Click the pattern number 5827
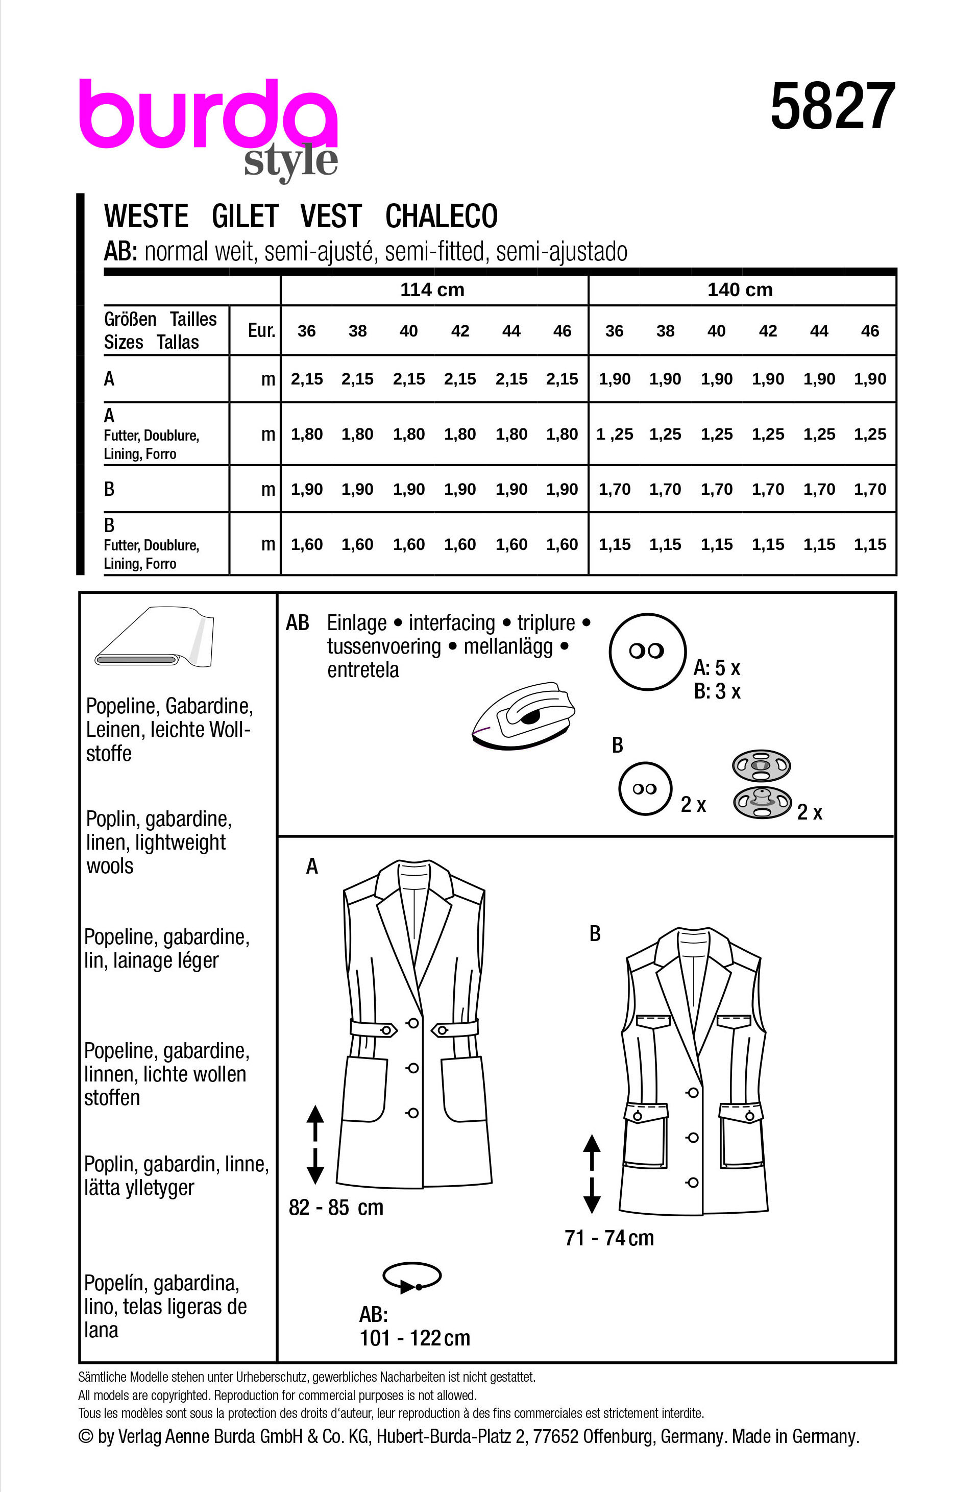point(832,107)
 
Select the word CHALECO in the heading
point(442,216)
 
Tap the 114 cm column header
point(432,290)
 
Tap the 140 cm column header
point(740,290)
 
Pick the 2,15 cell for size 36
point(306,379)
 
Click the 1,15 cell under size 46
point(869,545)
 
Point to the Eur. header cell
point(261,330)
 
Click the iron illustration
point(523,715)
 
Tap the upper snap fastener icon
point(761,765)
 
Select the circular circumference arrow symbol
point(411,1277)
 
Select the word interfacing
point(451,623)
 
